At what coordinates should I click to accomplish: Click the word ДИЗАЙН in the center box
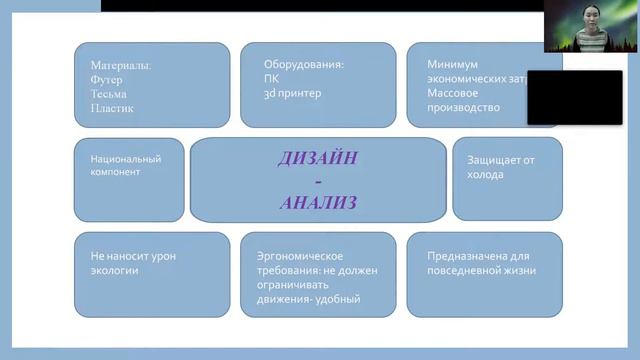[x=318, y=158]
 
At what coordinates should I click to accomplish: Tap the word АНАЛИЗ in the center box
[x=318, y=202]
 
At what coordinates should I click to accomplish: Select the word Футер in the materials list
[x=107, y=79]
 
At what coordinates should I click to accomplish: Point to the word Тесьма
[x=109, y=93]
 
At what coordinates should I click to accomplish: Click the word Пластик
[x=112, y=108]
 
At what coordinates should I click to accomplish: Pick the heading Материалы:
[x=121, y=64]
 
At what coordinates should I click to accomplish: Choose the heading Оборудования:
[x=304, y=64]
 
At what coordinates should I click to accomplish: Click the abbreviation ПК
[x=272, y=79]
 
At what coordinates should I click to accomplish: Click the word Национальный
[x=125, y=158]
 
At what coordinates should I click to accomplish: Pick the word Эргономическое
[x=299, y=255]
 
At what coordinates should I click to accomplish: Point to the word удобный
[x=336, y=299]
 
